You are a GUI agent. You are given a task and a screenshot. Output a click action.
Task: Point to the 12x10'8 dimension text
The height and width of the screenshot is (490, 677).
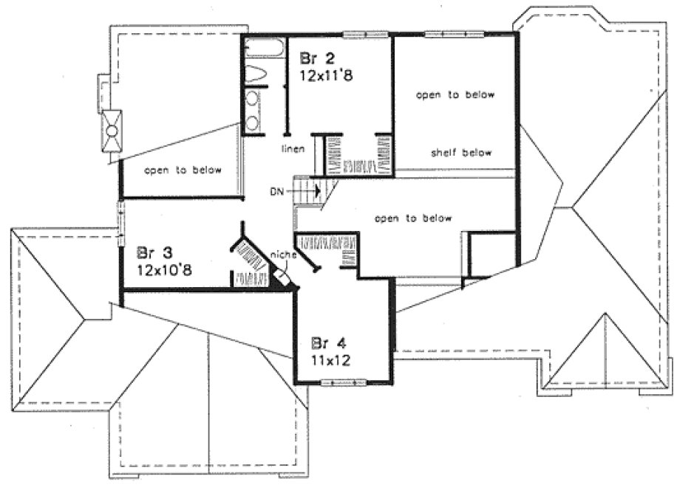165,270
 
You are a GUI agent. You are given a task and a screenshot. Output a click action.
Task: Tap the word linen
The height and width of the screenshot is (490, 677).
293,149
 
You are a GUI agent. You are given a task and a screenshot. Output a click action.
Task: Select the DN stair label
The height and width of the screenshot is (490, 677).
277,193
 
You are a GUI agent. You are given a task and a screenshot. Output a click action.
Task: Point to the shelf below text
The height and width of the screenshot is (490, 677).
461,153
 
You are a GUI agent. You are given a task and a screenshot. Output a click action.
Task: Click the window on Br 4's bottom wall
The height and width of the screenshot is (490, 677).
344,382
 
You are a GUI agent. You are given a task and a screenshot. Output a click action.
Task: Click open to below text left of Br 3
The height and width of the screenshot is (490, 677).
183,170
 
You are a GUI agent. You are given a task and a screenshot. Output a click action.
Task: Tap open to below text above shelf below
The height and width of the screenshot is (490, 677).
455,95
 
